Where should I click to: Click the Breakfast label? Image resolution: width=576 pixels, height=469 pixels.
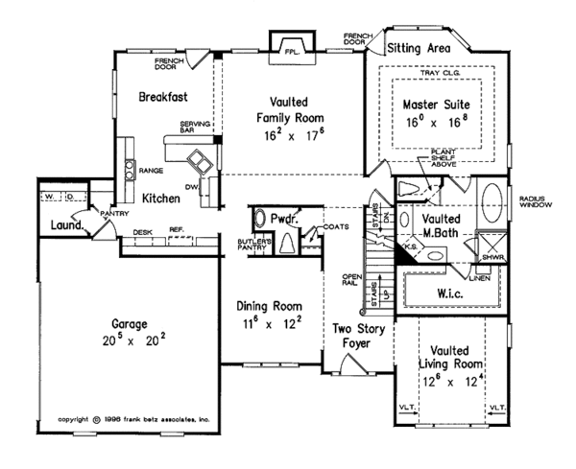[x=161, y=97]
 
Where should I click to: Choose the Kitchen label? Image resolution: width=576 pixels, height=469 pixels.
[x=161, y=197]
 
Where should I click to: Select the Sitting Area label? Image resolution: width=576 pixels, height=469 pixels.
[x=420, y=46]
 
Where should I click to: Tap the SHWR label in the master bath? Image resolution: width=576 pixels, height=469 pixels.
[x=494, y=257]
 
